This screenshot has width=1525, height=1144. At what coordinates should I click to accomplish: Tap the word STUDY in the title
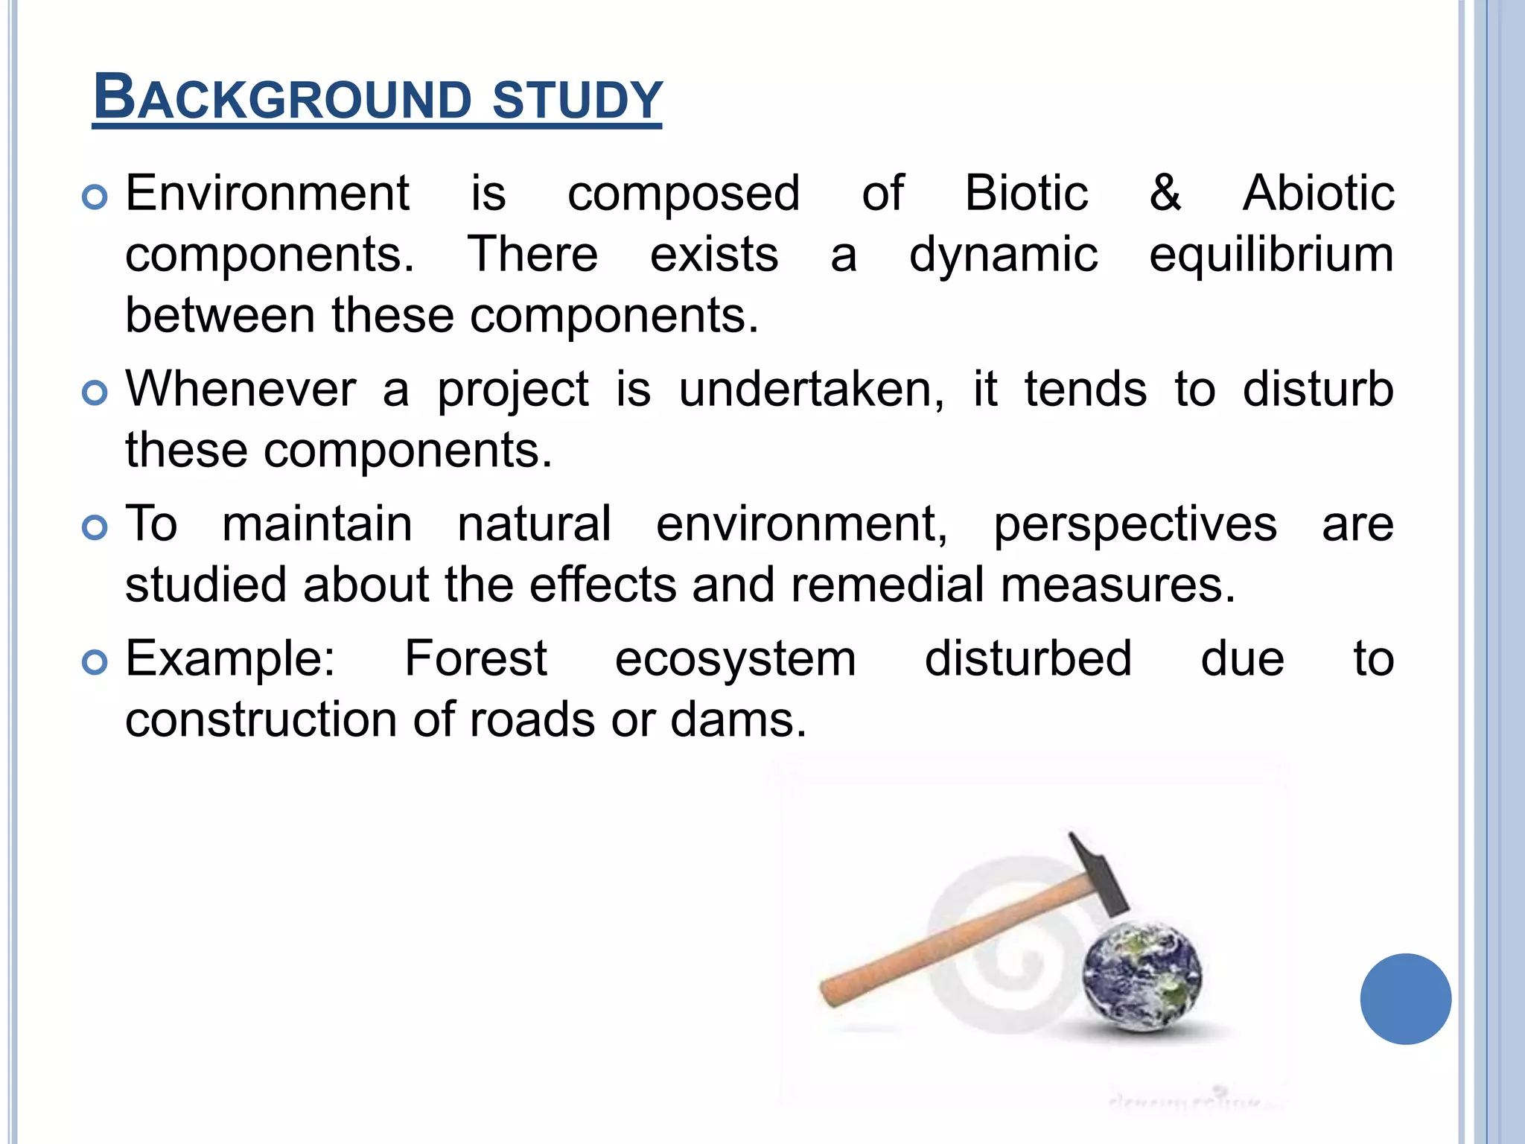[577, 99]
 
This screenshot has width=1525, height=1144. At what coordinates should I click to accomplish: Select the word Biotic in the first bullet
[1026, 194]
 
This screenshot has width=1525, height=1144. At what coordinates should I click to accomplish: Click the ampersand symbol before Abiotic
[1165, 194]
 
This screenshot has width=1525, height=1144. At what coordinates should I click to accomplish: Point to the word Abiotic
[1318, 194]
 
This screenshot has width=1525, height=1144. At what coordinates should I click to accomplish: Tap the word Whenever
[241, 390]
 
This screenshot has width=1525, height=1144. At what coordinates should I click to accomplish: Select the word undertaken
[811, 390]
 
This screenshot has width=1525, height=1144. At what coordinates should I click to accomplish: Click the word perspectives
[1136, 525]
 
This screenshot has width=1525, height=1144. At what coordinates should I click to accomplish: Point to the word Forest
[476, 660]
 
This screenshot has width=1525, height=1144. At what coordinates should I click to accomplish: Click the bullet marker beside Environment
[95, 197]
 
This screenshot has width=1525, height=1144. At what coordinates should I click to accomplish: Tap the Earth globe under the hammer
[1142, 976]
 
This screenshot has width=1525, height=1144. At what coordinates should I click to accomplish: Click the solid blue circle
[1405, 999]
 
